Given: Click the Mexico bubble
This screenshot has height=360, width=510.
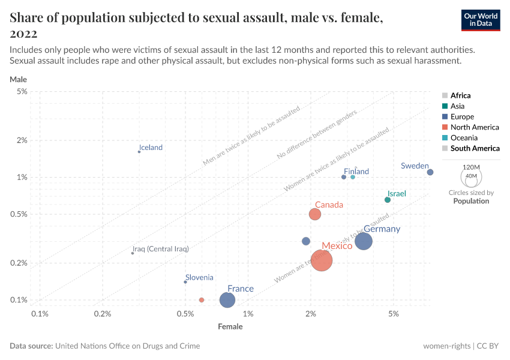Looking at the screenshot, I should coord(322,260).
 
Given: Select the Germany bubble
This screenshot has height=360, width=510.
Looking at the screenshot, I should coord(364,241).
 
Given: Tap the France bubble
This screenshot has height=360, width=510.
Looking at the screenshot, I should coord(227,300).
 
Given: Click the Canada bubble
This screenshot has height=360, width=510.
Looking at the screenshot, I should coord(315,214).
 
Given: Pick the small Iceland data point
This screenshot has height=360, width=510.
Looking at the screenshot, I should coord(139,152).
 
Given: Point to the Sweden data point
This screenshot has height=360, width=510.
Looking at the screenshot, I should coord(430,172).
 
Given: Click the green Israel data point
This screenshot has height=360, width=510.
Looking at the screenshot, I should coord(388,200).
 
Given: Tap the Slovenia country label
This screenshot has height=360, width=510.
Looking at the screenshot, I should coord(199,277).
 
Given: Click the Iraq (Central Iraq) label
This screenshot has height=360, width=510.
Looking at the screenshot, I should coord(160,248).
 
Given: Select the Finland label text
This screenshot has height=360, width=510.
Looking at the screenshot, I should coord(356,172).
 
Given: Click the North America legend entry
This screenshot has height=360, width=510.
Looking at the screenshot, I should coord(475,127).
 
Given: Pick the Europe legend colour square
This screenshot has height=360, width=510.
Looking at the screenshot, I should coord(445,117).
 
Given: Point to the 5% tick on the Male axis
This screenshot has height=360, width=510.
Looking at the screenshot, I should coord(22,91).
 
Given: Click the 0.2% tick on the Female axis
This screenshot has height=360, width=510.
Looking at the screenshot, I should coord(103,314).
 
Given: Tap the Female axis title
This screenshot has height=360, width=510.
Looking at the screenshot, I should coord(230,327).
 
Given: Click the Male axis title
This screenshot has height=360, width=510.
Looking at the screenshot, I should coord(18,79).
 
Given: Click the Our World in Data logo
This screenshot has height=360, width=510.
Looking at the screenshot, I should coord(480,20).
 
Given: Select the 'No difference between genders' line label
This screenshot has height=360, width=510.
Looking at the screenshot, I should coord(317,135).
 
